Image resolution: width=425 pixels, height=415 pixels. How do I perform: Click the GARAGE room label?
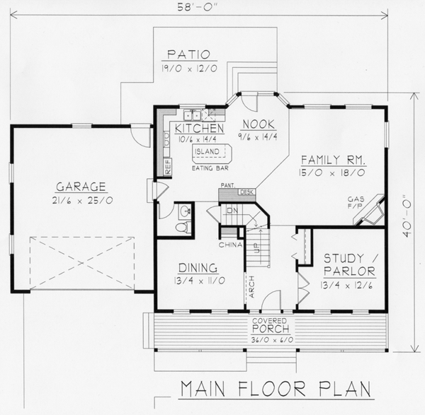[81, 187]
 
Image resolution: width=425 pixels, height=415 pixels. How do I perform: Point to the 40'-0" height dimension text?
[407, 216]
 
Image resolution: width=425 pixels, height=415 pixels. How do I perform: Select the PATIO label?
[188, 54]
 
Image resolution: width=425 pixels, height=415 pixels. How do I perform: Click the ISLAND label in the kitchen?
[207, 151]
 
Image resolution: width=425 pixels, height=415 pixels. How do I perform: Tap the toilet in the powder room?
[183, 227]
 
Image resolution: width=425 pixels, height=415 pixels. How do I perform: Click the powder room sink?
[186, 211]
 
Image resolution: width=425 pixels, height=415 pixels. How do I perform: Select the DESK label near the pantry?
[246, 192]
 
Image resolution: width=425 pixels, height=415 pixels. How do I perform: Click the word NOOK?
[259, 124]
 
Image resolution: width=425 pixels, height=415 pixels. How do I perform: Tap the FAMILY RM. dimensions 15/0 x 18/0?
[332, 173]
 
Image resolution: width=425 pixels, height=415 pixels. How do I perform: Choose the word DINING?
[198, 268]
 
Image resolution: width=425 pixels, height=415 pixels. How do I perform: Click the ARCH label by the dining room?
[251, 287]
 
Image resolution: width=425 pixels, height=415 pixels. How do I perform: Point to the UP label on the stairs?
[256, 248]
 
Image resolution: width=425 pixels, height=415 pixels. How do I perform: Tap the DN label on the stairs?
[232, 210]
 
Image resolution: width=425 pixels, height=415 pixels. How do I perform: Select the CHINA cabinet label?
[230, 245]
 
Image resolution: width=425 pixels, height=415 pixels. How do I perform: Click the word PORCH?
[271, 329]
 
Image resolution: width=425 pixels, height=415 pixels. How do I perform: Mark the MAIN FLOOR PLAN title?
[276, 389]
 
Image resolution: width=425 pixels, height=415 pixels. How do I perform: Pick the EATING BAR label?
[210, 168]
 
